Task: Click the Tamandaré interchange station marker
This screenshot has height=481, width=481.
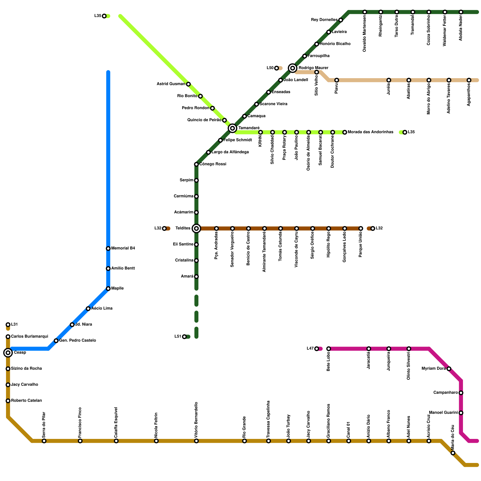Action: (x=232, y=128)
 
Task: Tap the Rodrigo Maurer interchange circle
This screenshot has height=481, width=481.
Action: (x=293, y=68)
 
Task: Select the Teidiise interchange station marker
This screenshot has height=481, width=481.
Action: (x=196, y=228)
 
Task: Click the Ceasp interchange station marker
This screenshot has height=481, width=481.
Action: (x=8, y=353)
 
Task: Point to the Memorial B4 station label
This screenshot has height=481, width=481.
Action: (x=123, y=248)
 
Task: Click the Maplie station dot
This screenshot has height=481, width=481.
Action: (x=108, y=289)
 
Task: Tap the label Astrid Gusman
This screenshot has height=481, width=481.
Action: (x=171, y=84)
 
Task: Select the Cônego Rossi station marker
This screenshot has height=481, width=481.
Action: (x=196, y=164)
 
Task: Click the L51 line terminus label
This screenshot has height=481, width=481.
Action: (x=178, y=337)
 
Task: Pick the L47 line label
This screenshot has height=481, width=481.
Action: (x=310, y=349)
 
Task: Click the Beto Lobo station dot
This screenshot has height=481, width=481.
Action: (x=329, y=349)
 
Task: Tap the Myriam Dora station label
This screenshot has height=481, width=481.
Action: (x=434, y=369)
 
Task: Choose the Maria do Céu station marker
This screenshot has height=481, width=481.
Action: (x=453, y=453)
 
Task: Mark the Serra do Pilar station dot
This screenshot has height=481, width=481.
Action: (x=44, y=441)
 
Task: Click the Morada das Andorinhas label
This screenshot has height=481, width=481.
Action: (x=370, y=132)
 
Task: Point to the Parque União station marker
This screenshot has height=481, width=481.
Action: (x=361, y=228)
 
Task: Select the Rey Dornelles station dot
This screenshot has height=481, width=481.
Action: (x=341, y=20)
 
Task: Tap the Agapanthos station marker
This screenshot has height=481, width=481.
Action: (x=469, y=80)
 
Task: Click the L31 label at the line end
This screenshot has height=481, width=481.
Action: (x=14, y=325)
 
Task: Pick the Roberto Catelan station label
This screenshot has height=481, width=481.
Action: (x=26, y=401)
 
